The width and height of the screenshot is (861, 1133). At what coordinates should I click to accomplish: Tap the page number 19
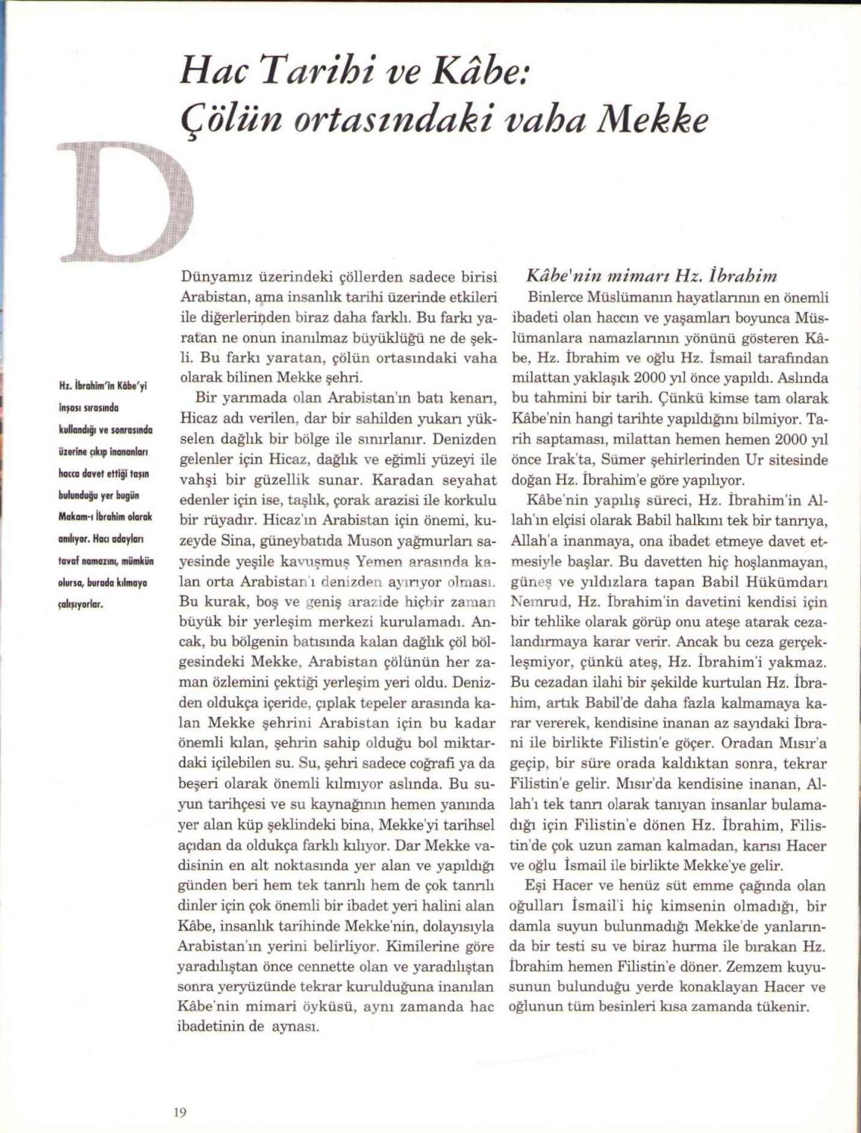point(180,1111)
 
